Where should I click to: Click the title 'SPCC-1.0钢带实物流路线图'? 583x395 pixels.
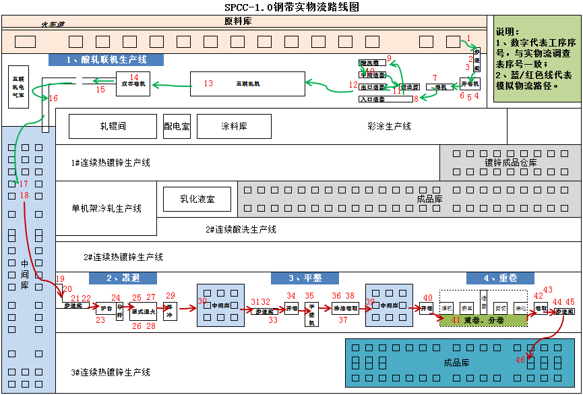click(291, 7)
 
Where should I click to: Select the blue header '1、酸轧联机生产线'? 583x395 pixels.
click(106, 60)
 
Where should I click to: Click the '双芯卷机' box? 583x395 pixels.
click(133, 84)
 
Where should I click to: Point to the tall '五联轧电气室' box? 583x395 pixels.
click(18, 87)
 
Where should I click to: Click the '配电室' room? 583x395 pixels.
click(177, 126)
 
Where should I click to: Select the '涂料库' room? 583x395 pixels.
click(234, 126)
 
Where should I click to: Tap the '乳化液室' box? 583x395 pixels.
click(197, 199)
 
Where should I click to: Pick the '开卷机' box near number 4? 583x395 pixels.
click(470, 84)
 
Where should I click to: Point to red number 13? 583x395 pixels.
click(208, 84)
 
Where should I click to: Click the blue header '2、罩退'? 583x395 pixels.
click(123, 278)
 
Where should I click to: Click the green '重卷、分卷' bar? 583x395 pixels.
click(483, 320)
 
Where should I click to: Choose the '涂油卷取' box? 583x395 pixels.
click(346, 308)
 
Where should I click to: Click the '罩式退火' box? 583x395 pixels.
click(144, 312)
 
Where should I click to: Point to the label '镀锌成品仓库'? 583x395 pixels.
click(511, 162)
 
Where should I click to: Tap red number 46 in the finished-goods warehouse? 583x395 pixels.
click(520, 360)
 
